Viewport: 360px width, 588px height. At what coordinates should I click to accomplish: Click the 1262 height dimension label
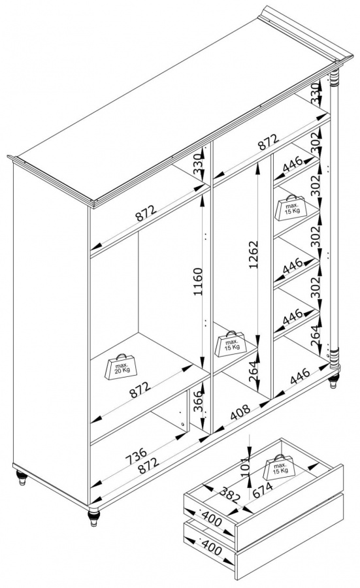coord(254,254)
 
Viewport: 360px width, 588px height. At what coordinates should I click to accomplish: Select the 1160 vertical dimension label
coord(197,282)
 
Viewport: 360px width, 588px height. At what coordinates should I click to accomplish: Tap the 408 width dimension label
coord(240,411)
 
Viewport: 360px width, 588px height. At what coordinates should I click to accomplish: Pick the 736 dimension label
coord(136,455)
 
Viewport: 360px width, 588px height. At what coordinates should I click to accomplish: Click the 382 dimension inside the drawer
coord(229,495)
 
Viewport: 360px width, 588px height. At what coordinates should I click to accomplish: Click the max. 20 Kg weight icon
coord(120,367)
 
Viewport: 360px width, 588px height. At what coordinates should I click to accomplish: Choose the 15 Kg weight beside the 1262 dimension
coord(231,344)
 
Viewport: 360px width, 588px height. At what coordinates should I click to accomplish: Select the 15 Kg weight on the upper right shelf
coord(291,207)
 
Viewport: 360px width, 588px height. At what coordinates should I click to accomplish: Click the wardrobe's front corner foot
coord(93,517)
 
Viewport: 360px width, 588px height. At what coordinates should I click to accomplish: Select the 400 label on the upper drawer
coord(211,519)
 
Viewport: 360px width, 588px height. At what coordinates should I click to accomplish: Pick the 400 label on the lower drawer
coord(211,547)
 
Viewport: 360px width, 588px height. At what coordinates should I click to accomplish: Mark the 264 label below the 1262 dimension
coord(254,371)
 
